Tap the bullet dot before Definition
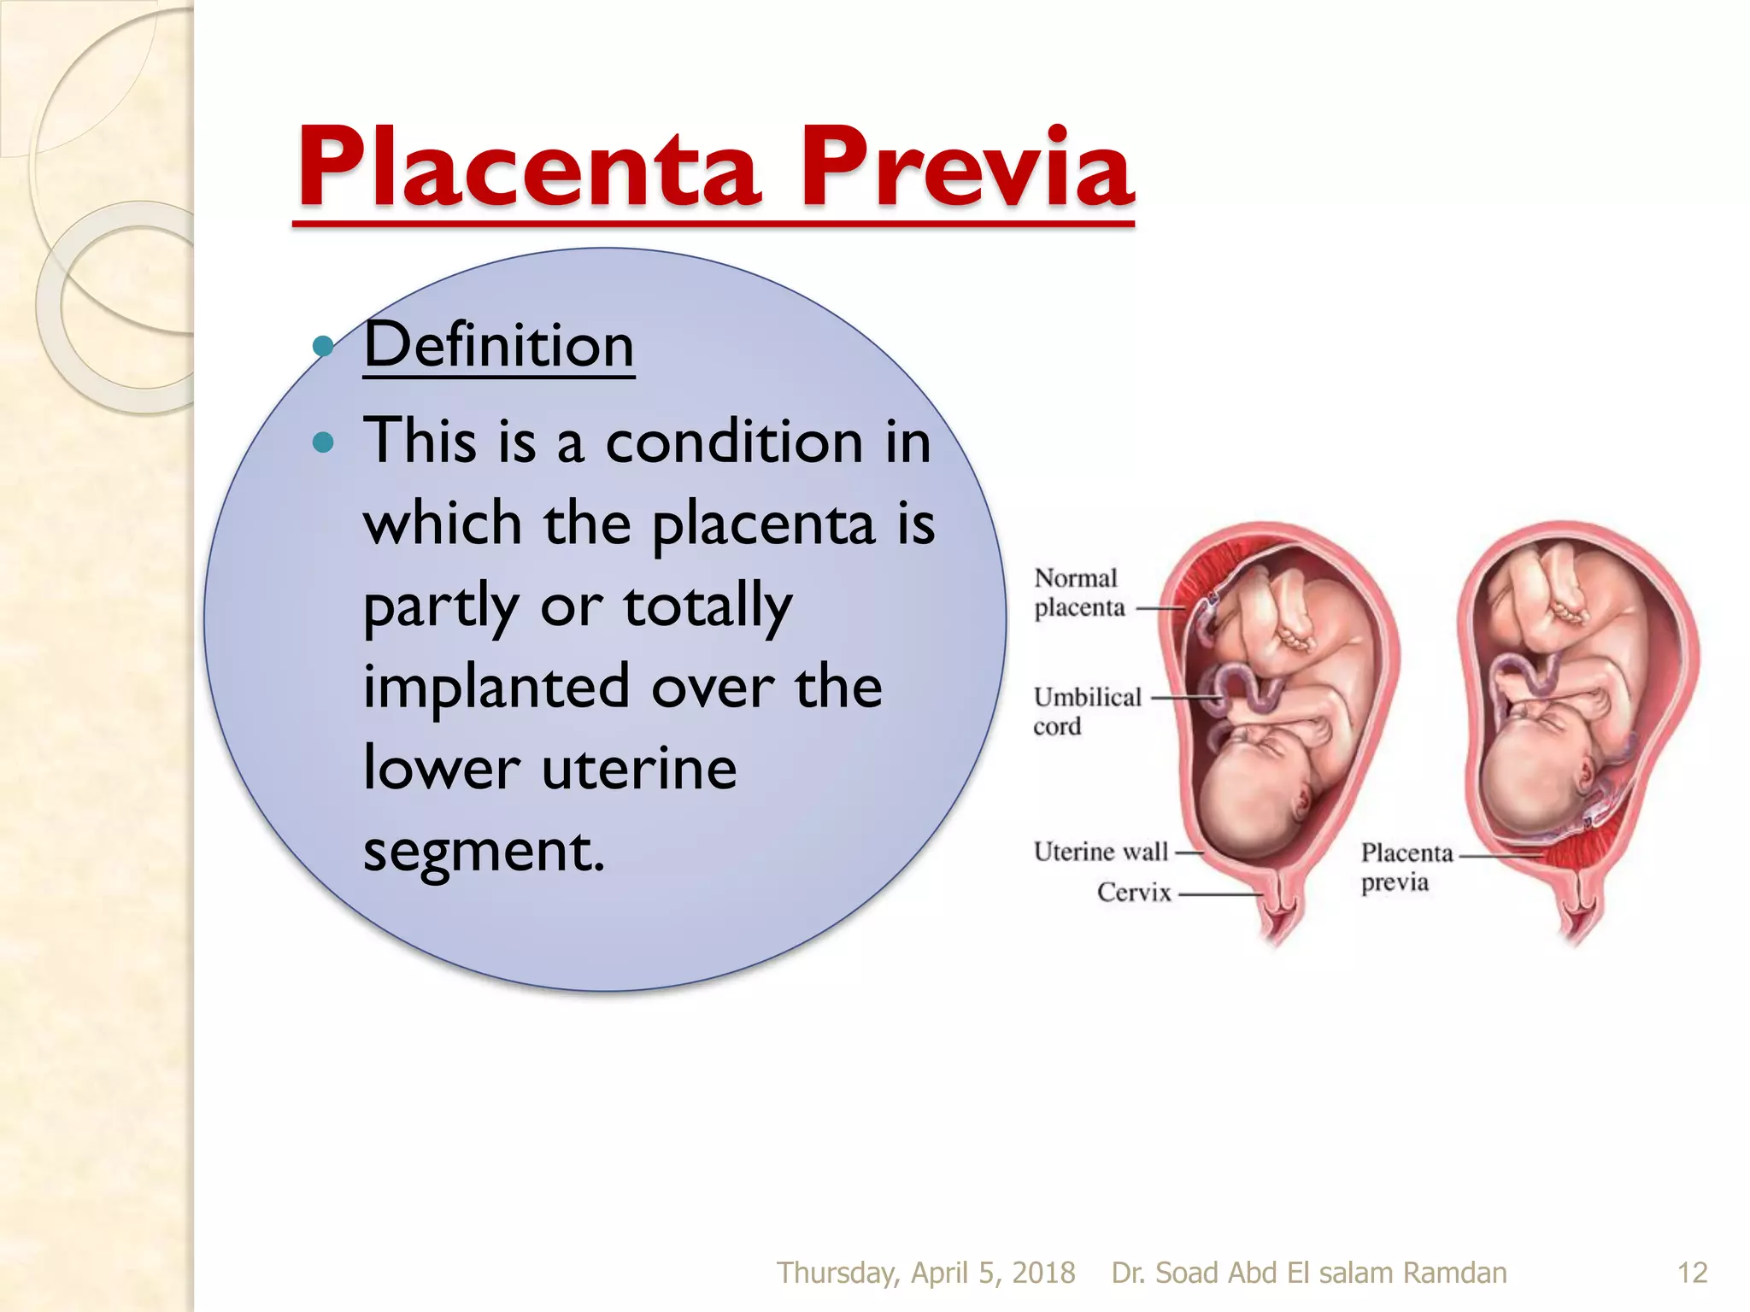coord(323,346)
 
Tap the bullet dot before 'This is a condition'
coord(323,442)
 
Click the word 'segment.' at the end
coord(484,850)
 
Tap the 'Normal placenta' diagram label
coord(1078,593)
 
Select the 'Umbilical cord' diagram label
coord(1086,711)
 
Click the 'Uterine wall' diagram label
coord(1101,852)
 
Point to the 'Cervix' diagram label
coord(1134,893)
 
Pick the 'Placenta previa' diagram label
coord(1406,866)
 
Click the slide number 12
coord(1692,1273)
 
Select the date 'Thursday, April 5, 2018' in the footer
coord(925,1273)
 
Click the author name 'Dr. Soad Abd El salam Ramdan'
coord(1308,1273)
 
